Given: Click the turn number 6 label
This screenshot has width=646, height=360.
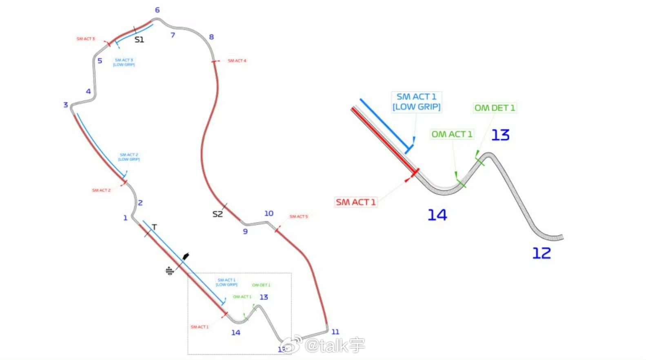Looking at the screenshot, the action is click(157, 10).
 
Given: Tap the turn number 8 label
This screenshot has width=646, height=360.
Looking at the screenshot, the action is click(211, 37).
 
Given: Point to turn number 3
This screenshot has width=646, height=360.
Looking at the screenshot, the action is click(66, 105).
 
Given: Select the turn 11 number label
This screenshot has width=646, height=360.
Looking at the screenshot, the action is click(335, 332).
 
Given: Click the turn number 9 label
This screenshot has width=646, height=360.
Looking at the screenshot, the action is click(245, 231).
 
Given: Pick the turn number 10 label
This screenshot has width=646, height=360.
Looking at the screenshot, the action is click(269, 213).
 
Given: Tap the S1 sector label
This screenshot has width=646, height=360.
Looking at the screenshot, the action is click(139, 40).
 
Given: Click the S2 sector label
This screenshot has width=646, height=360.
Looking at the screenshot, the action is click(218, 214).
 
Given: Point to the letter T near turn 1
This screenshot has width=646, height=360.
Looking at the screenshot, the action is click(154, 227).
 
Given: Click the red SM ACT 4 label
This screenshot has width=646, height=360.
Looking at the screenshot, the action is click(237, 61).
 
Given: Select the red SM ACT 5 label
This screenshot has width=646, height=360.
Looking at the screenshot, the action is click(299, 217).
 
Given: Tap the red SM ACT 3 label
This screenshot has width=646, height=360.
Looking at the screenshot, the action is click(86, 39).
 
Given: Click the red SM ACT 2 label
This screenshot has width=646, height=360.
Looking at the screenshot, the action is click(101, 190).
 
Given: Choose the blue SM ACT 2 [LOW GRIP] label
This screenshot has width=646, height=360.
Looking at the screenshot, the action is click(129, 157).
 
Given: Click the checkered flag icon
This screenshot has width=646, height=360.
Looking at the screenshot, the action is click(169, 271).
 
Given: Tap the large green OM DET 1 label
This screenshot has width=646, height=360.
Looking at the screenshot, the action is click(495, 108).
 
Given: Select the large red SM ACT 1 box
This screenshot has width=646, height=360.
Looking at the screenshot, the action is click(355, 202).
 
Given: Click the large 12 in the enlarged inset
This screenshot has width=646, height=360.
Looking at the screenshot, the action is click(542, 253).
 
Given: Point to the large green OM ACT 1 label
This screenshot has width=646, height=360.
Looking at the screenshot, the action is click(452, 134).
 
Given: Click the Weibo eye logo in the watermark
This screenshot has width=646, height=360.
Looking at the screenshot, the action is click(292, 345).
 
